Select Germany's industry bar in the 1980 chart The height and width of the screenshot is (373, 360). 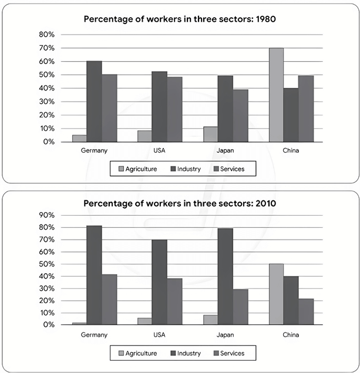click(94, 102)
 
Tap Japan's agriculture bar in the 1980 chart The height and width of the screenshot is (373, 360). click(210, 135)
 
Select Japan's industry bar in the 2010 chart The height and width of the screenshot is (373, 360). click(226, 277)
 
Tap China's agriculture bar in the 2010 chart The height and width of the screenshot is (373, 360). click(276, 294)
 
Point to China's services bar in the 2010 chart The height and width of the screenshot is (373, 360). click(305, 311)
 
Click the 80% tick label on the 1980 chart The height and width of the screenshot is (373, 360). click(46, 34)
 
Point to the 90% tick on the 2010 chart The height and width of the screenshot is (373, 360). click(46, 215)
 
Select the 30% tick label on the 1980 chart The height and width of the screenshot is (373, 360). click(46, 102)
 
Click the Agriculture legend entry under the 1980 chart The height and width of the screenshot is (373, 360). click(137, 169)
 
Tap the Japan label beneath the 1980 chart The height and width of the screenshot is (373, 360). click(225, 150)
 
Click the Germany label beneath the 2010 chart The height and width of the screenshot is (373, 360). click(94, 335)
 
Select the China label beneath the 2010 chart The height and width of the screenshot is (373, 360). click(290, 335)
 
